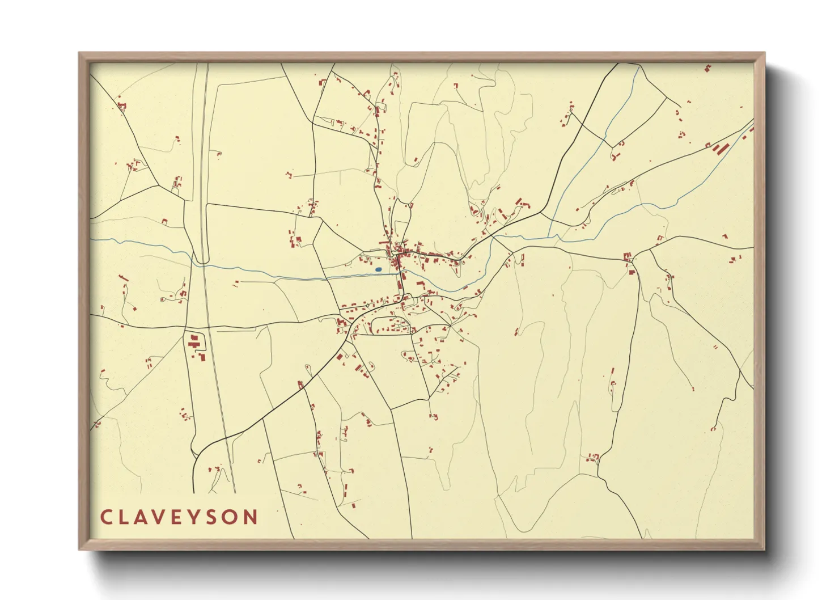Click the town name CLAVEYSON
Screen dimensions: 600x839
pyautogui.click(x=179, y=517)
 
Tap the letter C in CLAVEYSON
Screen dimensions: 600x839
pyautogui.click(x=106, y=517)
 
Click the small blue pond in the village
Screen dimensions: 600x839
pyautogui.click(x=378, y=269)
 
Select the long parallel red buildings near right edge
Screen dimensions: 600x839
pyautogui.click(x=720, y=149)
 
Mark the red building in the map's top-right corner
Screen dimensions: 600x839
pyautogui.click(x=707, y=69)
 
